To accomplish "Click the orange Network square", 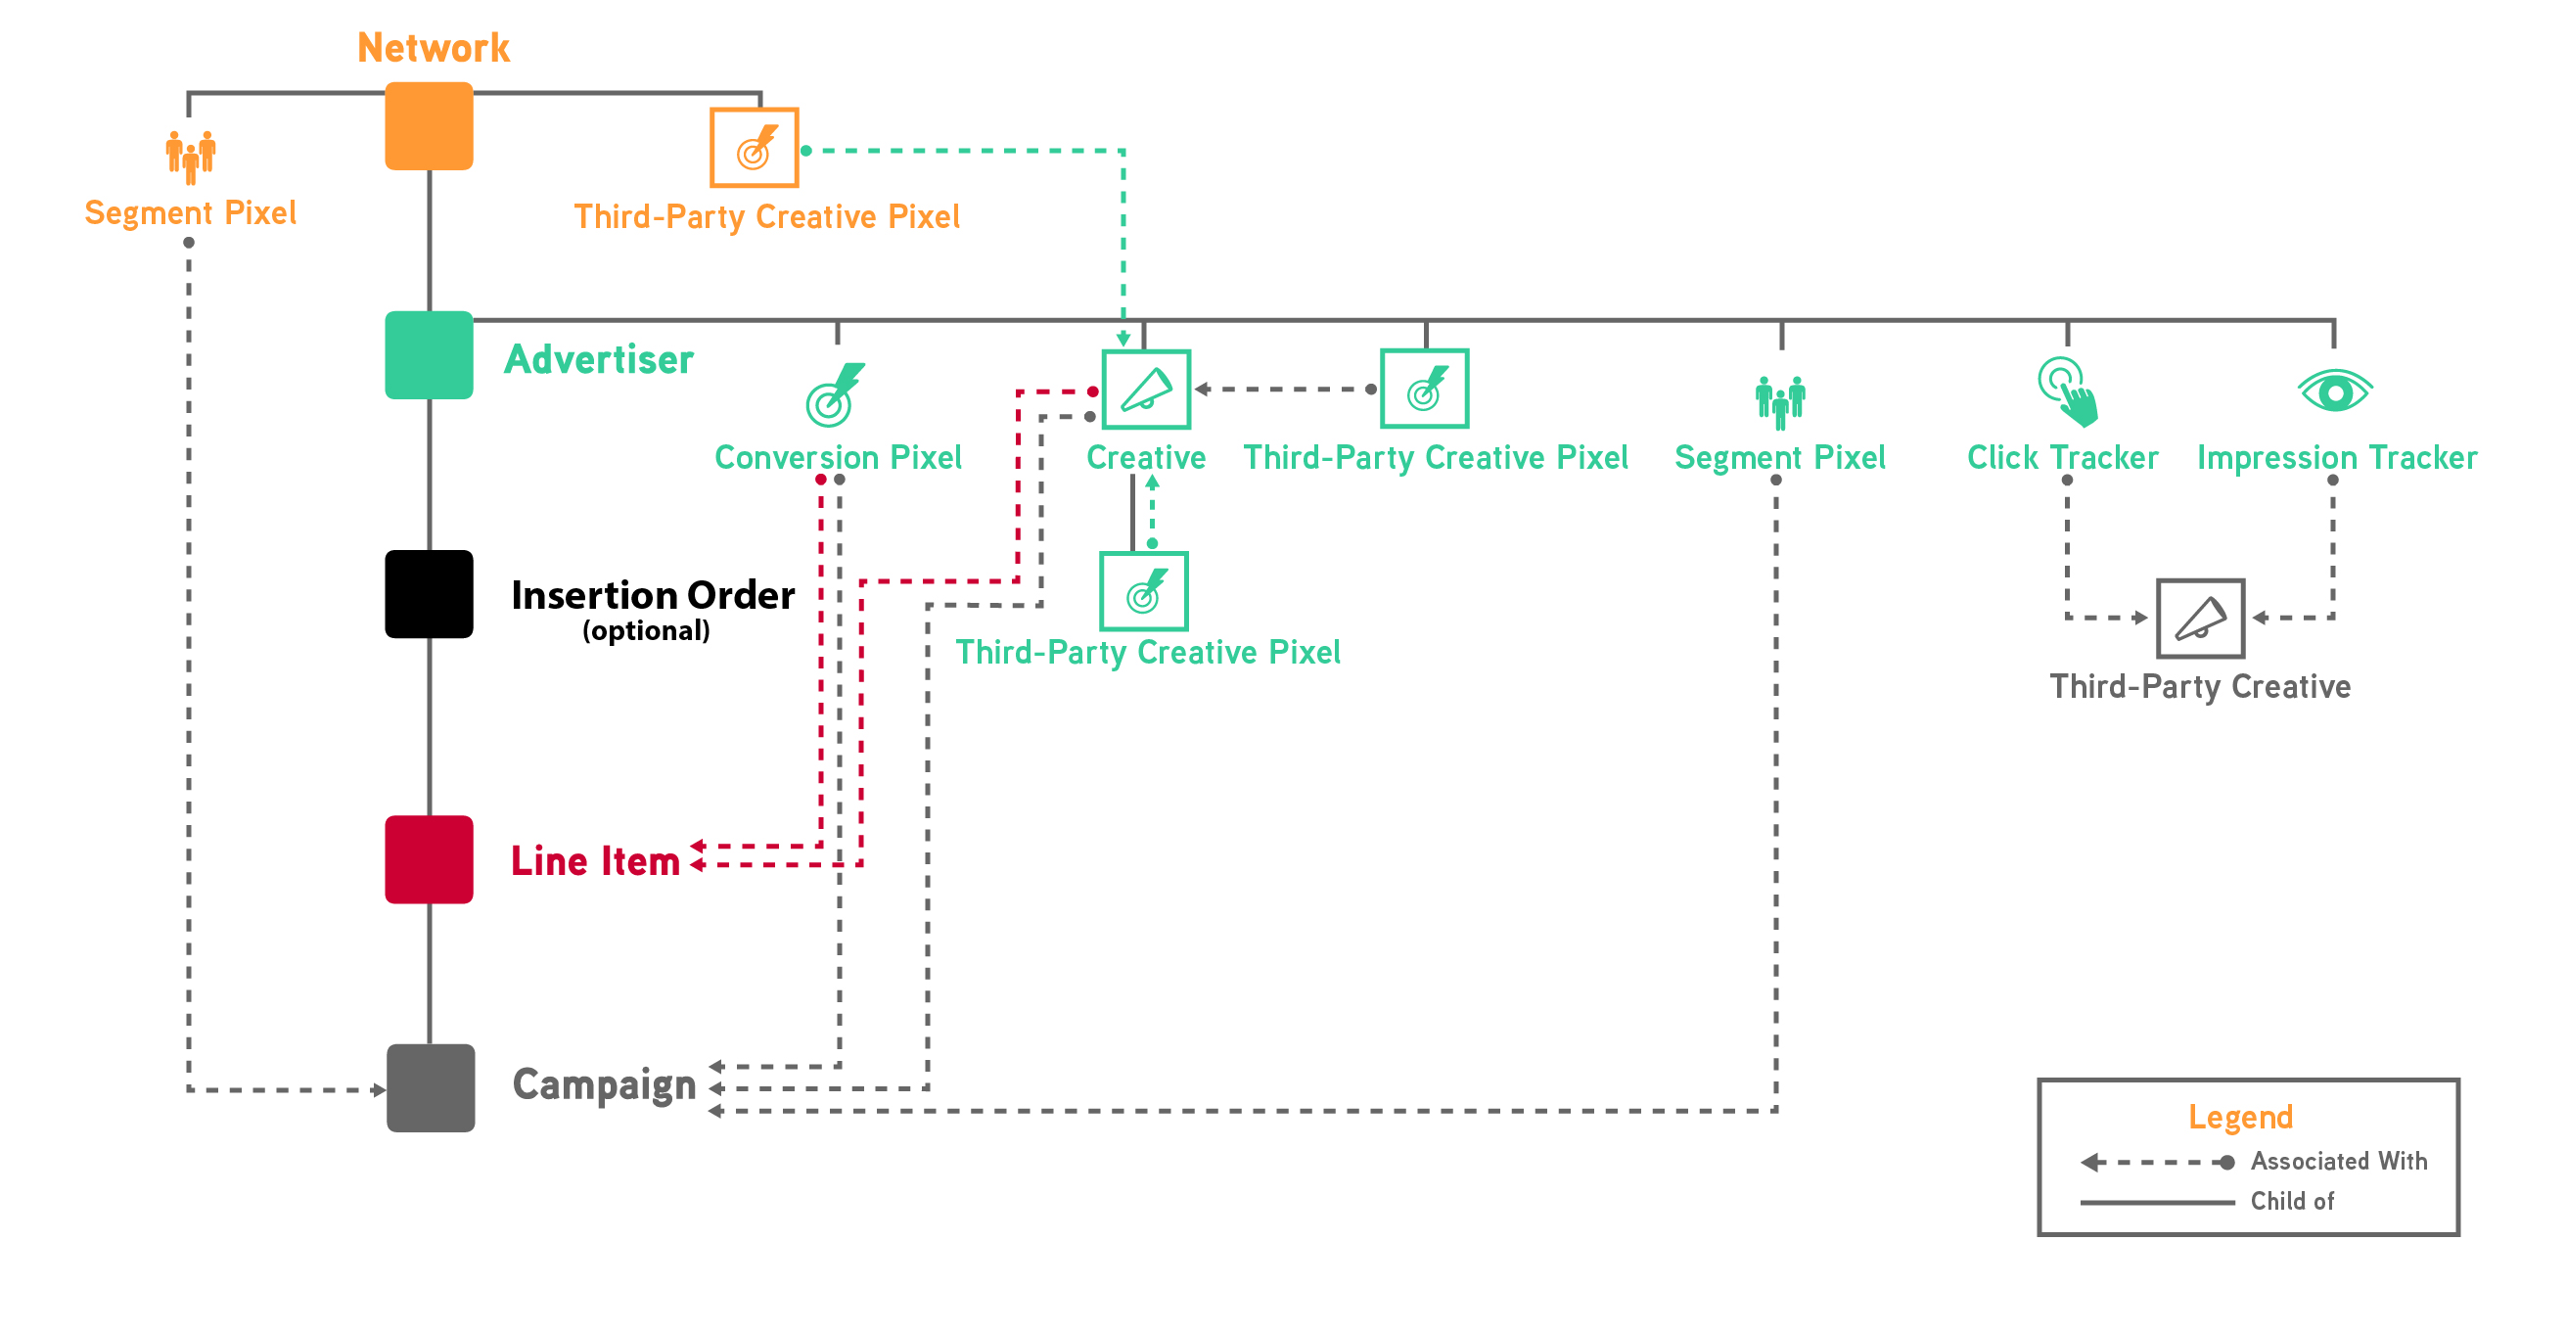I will pos(429,126).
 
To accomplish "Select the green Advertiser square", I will pos(429,355).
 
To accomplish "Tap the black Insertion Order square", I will pos(429,594).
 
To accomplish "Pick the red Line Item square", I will pos(429,859).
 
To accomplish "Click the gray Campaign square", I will pos(431,1088).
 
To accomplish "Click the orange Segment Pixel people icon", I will pos(190,157).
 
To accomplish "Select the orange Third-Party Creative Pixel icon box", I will pos(755,148).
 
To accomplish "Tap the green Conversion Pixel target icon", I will pos(834,395).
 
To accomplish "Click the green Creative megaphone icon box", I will pos(1146,390).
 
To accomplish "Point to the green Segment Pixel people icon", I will pos(1780,402).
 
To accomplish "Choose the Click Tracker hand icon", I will pos(2067,392).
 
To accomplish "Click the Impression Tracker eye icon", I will pos(2334,391).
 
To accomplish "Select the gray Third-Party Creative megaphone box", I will pos(2199,619).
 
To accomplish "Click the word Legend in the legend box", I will pos(2240,1117).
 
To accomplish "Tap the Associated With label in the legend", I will pos(2338,1162).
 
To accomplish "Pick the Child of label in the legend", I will pos(2291,1202).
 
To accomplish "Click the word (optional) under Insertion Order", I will pos(646,631).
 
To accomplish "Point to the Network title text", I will pos(434,48).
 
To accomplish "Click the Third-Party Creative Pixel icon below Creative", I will pos(1143,592).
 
